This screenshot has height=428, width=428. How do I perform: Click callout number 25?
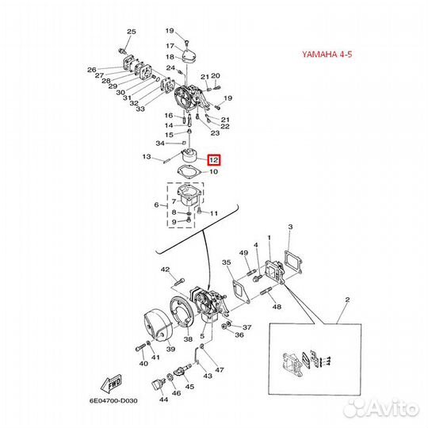(x=132, y=31)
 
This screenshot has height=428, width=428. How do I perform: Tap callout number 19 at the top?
(x=170, y=31)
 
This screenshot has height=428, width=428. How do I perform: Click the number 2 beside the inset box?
(x=346, y=301)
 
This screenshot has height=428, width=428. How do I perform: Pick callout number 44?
(x=163, y=400)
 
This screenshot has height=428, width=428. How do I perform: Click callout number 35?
(x=226, y=262)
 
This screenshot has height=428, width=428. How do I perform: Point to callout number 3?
(x=290, y=227)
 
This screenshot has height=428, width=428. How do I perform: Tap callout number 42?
(x=166, y=270)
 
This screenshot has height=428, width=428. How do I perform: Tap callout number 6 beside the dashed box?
(x=156, y=204)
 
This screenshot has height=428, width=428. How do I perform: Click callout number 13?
(x=146, y=157)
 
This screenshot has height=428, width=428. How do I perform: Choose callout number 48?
(x=276, y=306)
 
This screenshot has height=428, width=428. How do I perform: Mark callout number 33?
(x=140, y=109)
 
